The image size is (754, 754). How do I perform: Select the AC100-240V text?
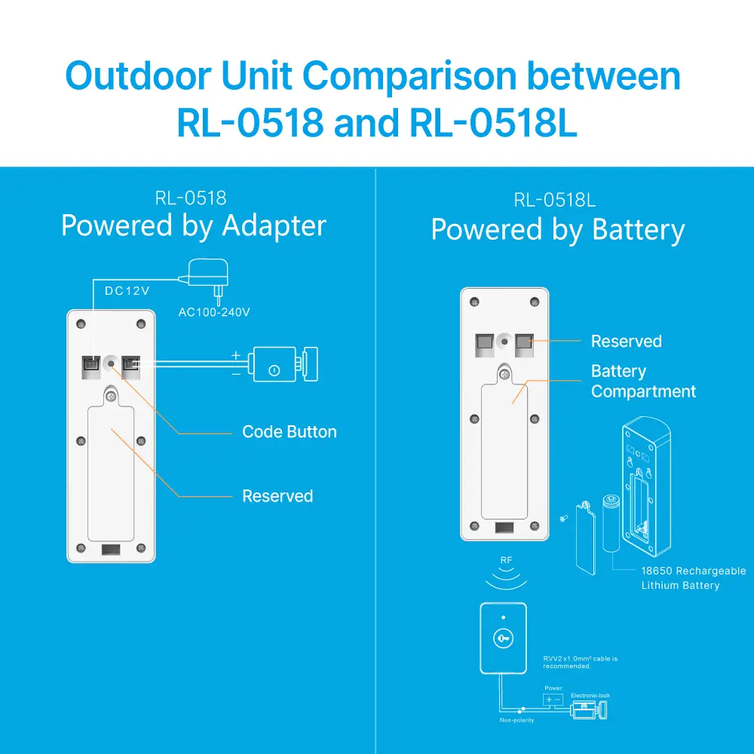pos(213,312)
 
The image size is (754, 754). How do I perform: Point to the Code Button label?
pos(289,432)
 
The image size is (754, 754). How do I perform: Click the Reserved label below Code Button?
pos(277,496)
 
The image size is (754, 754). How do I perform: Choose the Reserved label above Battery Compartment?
pos(626,342)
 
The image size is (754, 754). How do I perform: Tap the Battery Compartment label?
pos(642,382)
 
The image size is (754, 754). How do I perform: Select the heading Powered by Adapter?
pos(193,225)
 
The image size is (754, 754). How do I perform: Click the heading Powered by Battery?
pos(557,229)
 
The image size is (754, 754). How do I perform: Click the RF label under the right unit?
pos(506,561)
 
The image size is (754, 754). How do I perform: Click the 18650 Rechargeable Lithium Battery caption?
pos(692,578)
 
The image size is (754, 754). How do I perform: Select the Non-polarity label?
pos(516,721)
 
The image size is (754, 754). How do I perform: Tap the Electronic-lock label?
pos(590,695)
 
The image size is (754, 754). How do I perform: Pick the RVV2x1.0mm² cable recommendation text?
pos(580,662)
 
